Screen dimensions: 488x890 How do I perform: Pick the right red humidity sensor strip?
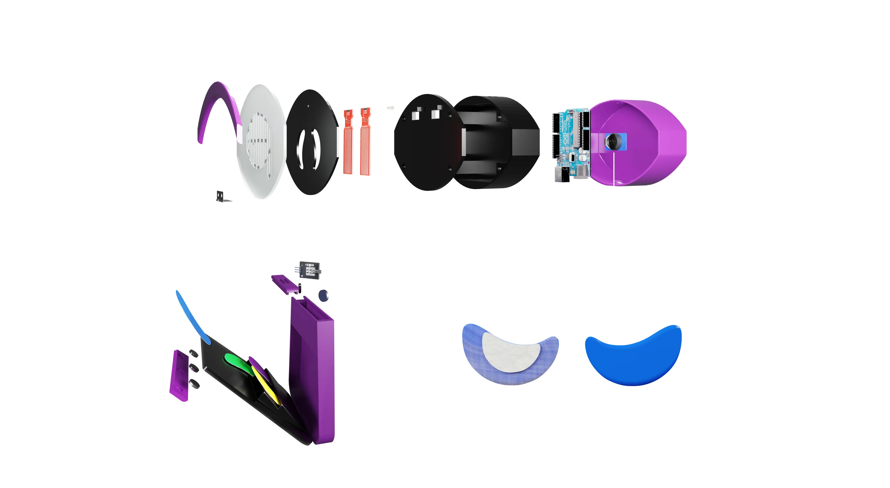365,142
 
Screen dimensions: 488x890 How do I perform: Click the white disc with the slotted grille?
263,142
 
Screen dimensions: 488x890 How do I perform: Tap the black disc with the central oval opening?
311,142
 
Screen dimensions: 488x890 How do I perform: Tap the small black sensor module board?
307,270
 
